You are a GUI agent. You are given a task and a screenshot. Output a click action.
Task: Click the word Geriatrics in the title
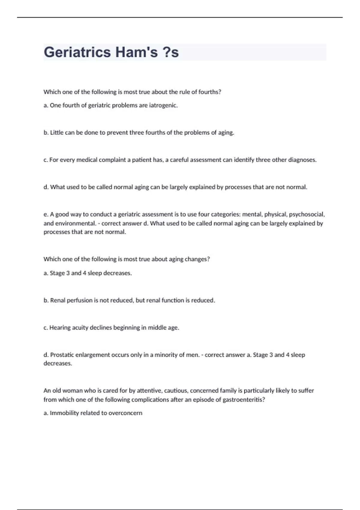point(77,52)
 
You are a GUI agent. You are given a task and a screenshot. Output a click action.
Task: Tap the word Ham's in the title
point(136,52)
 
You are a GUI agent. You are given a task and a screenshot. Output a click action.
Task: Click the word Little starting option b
point(57,133)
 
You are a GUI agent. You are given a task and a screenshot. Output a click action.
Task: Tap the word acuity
point(80,328)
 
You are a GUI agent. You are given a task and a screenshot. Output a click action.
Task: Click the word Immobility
point(64,413)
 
